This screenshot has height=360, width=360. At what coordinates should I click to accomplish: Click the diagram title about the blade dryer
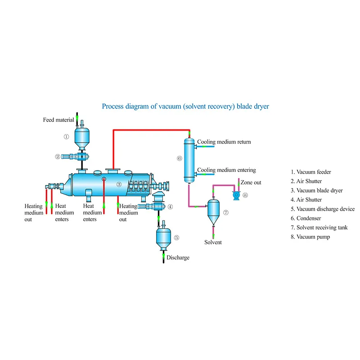tap(185, 107)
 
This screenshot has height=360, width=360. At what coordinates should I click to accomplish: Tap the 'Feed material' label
tap(58, 120)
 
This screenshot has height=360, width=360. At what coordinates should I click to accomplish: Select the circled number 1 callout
tap(66, 136)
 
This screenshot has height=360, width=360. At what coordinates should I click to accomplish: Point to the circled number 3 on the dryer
tap(119, 184)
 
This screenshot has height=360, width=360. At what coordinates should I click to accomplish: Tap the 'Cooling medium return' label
tap(224, 142)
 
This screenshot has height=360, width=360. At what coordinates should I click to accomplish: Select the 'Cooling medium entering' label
tap(227, 170)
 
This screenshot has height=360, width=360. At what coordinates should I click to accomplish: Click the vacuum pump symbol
tap(235, 195)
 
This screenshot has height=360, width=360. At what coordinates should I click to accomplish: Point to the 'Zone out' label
tap(251, 182)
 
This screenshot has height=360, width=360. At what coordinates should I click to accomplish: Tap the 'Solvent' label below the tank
tap(213, 242)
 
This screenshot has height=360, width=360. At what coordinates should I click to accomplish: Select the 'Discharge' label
tap(178, 258)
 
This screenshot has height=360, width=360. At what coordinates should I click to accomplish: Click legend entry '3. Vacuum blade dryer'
tap(317, 190)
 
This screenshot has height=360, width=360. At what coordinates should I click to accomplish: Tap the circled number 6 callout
tap(179, 158)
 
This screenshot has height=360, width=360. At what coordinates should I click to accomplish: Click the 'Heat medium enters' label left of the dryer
tap(62, 213)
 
